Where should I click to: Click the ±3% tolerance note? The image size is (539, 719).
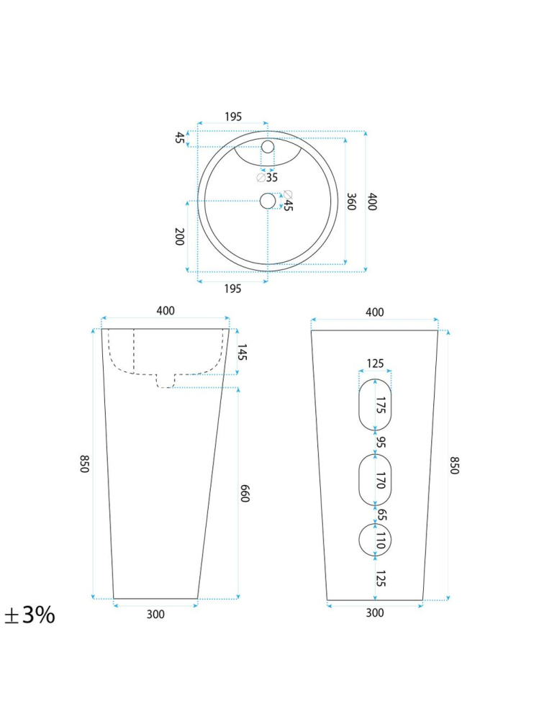[30, 615]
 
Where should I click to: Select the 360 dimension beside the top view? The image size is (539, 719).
[351, 202]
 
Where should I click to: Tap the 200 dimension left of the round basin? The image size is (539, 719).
[179, 236]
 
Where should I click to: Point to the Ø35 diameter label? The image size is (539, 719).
[267, 177]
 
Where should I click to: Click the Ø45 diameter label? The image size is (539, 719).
[288, 201]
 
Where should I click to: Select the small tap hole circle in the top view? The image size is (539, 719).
[268, 148]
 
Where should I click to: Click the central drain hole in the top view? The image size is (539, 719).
[268, 202]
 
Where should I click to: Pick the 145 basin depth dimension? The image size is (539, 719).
[243, 352]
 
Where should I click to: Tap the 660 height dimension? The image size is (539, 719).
[244, 493]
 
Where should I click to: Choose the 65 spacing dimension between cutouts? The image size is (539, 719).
[381, 514]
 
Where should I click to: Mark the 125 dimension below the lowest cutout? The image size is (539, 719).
[381, 578]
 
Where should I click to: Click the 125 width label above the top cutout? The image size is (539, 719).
[375, 363]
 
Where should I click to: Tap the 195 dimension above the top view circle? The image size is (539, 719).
[232, 117]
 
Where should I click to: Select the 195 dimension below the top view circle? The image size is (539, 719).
[232, 289]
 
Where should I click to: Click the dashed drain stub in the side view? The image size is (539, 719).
[166, 381]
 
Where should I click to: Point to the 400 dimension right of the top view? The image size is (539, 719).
[372, 202]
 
